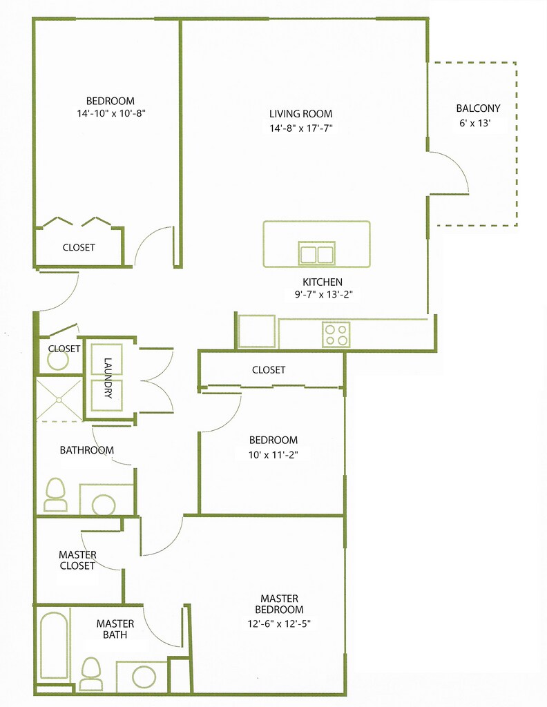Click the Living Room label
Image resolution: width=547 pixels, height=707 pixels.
pyautogui.click(x=300, y=114)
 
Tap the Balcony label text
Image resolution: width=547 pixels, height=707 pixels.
pyautogui.click(x=478, y=108)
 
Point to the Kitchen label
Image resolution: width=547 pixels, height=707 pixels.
pyautogui.click(x=323, y=282)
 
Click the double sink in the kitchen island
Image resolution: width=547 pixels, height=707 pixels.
pyautogui.click(x=316, y=253)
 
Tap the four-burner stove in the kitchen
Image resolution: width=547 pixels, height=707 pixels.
pyautogui.click(x=336, y=335)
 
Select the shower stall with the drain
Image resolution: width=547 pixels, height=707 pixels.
pyautogui.click(x=59, y=400)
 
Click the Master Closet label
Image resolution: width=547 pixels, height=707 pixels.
pyautogui.click(x=77, y=560)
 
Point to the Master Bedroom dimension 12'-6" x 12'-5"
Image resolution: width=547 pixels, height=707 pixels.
pyautogui.click(x=280, y=623)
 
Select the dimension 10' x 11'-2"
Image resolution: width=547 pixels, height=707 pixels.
pyautogui.click(x=273, y=454)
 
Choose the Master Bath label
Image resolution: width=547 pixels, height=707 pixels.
pyautogui.click(x=110, y=628)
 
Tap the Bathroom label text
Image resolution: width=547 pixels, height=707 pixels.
pyautogui.click(x=86, y=450)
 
